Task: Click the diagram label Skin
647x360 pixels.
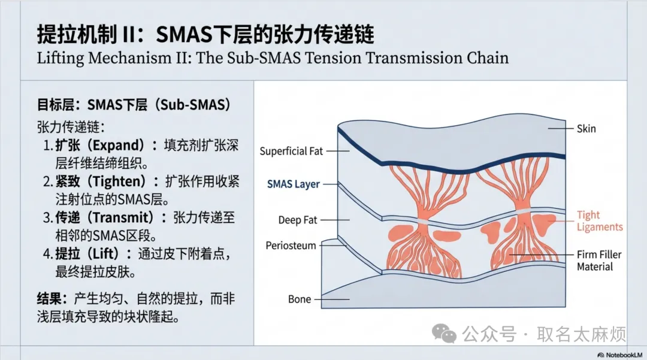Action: (x=586, y=128)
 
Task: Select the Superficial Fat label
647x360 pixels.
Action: (x=291, y=152)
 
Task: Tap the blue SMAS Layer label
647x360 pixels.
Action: (x=294, y=184)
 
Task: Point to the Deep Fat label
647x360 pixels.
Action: (x=298, y=220)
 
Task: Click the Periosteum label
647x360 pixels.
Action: (x=291, y=246)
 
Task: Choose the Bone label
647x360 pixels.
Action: (x=300, y=299)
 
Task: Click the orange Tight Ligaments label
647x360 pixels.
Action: (x=600, y=221)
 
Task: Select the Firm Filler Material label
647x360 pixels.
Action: (x=599, y=261)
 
